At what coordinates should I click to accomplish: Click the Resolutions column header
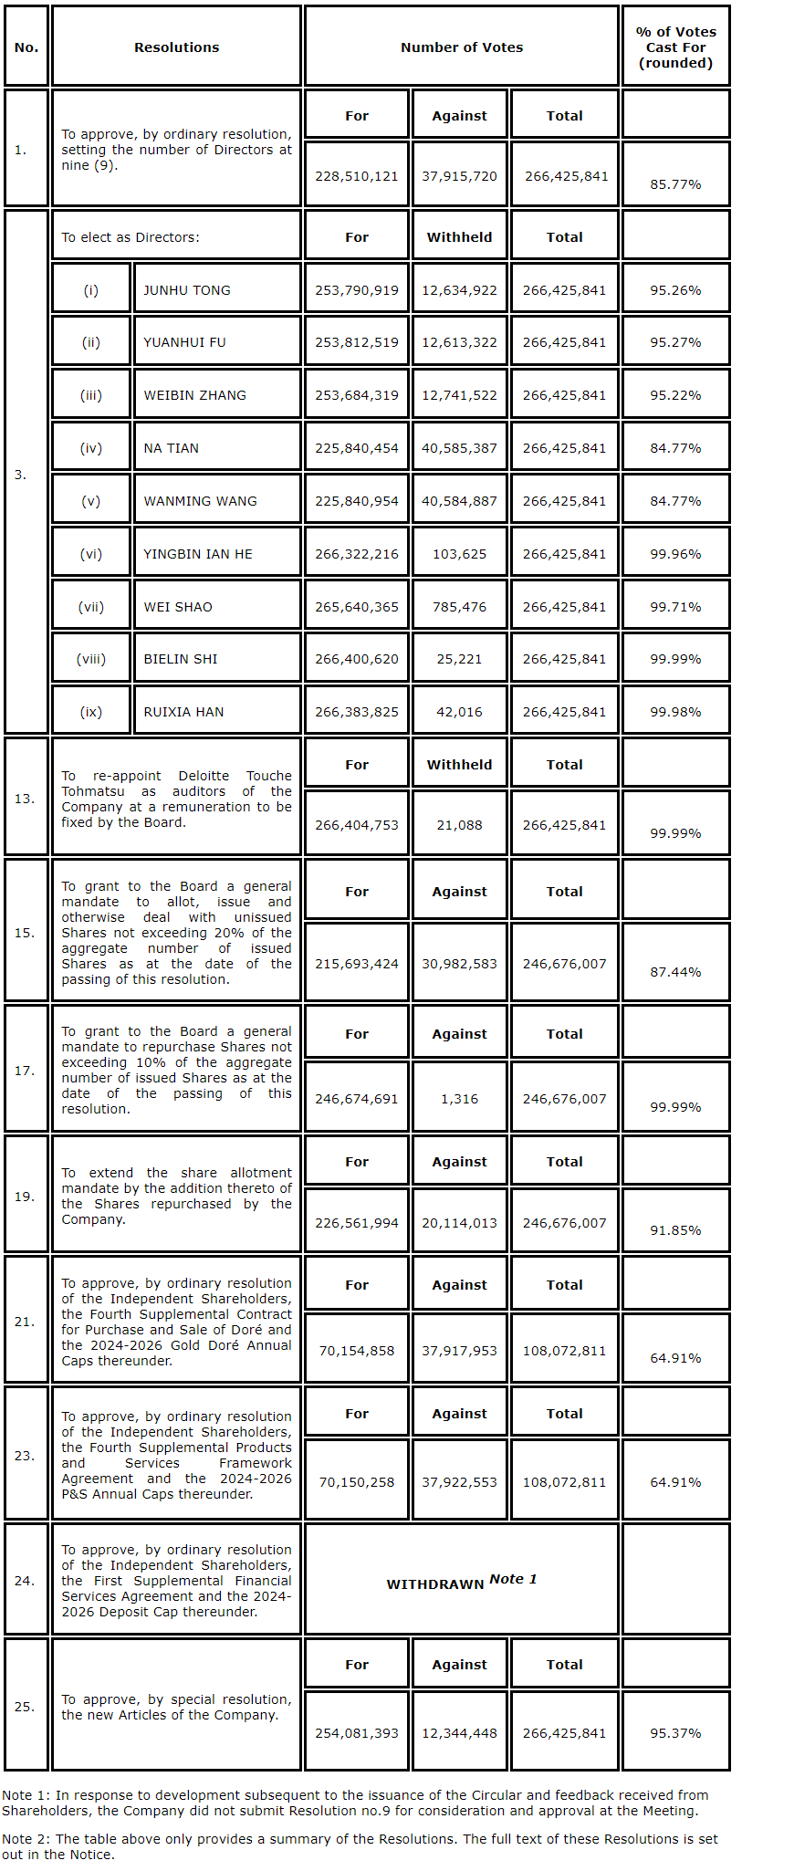click(176, 47)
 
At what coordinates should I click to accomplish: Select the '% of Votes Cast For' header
click(675, 47)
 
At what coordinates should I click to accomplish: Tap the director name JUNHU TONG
click(187, 290)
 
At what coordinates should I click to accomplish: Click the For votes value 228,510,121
click(357, 176)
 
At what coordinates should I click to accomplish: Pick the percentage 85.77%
click(675, 184)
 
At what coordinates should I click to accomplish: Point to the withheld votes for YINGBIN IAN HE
click(459, 554)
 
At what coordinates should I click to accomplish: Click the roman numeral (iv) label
click(91, 448)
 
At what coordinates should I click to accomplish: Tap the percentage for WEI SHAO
click(675, 607)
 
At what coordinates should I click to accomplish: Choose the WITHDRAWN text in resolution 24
click(435, 1584)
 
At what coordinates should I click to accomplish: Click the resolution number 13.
click(25, 799)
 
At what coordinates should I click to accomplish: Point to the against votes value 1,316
click(459, 1099)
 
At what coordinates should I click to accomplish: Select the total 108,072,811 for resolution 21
click(564, 1351)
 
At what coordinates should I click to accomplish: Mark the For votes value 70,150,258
click(357, 1482)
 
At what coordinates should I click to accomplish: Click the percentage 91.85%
click(675, 1230)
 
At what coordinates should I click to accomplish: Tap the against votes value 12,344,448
click(459, 1733)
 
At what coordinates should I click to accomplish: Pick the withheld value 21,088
click(459, 825)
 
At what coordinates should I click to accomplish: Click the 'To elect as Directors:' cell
click(131, 237)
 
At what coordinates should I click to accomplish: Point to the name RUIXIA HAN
click(183, 712)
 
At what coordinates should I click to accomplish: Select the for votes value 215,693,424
click(357, 964)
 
